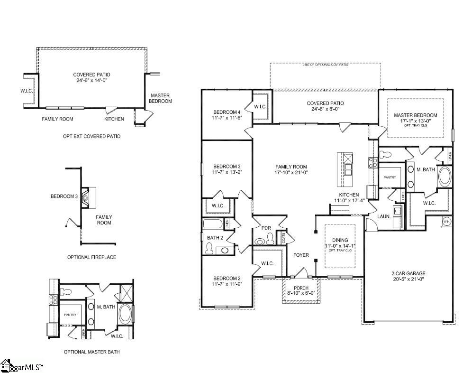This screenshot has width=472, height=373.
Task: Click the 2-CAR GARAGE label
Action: [408, 273]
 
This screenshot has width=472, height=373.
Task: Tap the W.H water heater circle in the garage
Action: [446, 222]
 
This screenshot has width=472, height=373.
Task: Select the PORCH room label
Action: [301, 288]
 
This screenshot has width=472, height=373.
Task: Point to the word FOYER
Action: [301, 255]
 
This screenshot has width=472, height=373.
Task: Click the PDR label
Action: [266, 228]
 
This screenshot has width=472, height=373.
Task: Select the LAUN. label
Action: [383, 216]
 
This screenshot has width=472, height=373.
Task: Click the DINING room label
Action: [340, 240]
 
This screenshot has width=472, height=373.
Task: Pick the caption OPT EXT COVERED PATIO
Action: [91, 136]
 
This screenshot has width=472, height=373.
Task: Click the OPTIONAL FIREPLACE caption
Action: [91, 257]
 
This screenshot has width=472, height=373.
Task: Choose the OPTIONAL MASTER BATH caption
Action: [91, 352]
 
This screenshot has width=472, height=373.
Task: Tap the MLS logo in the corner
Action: [22, 366]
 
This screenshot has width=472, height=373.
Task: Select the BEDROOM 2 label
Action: [227, 278]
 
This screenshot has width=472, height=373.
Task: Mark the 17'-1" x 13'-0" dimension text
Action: [416, 121]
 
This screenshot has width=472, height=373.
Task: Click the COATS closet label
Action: [284, 237]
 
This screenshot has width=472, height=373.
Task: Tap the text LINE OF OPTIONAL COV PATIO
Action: [325, 64]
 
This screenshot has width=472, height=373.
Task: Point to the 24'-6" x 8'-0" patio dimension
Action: [325, 109]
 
